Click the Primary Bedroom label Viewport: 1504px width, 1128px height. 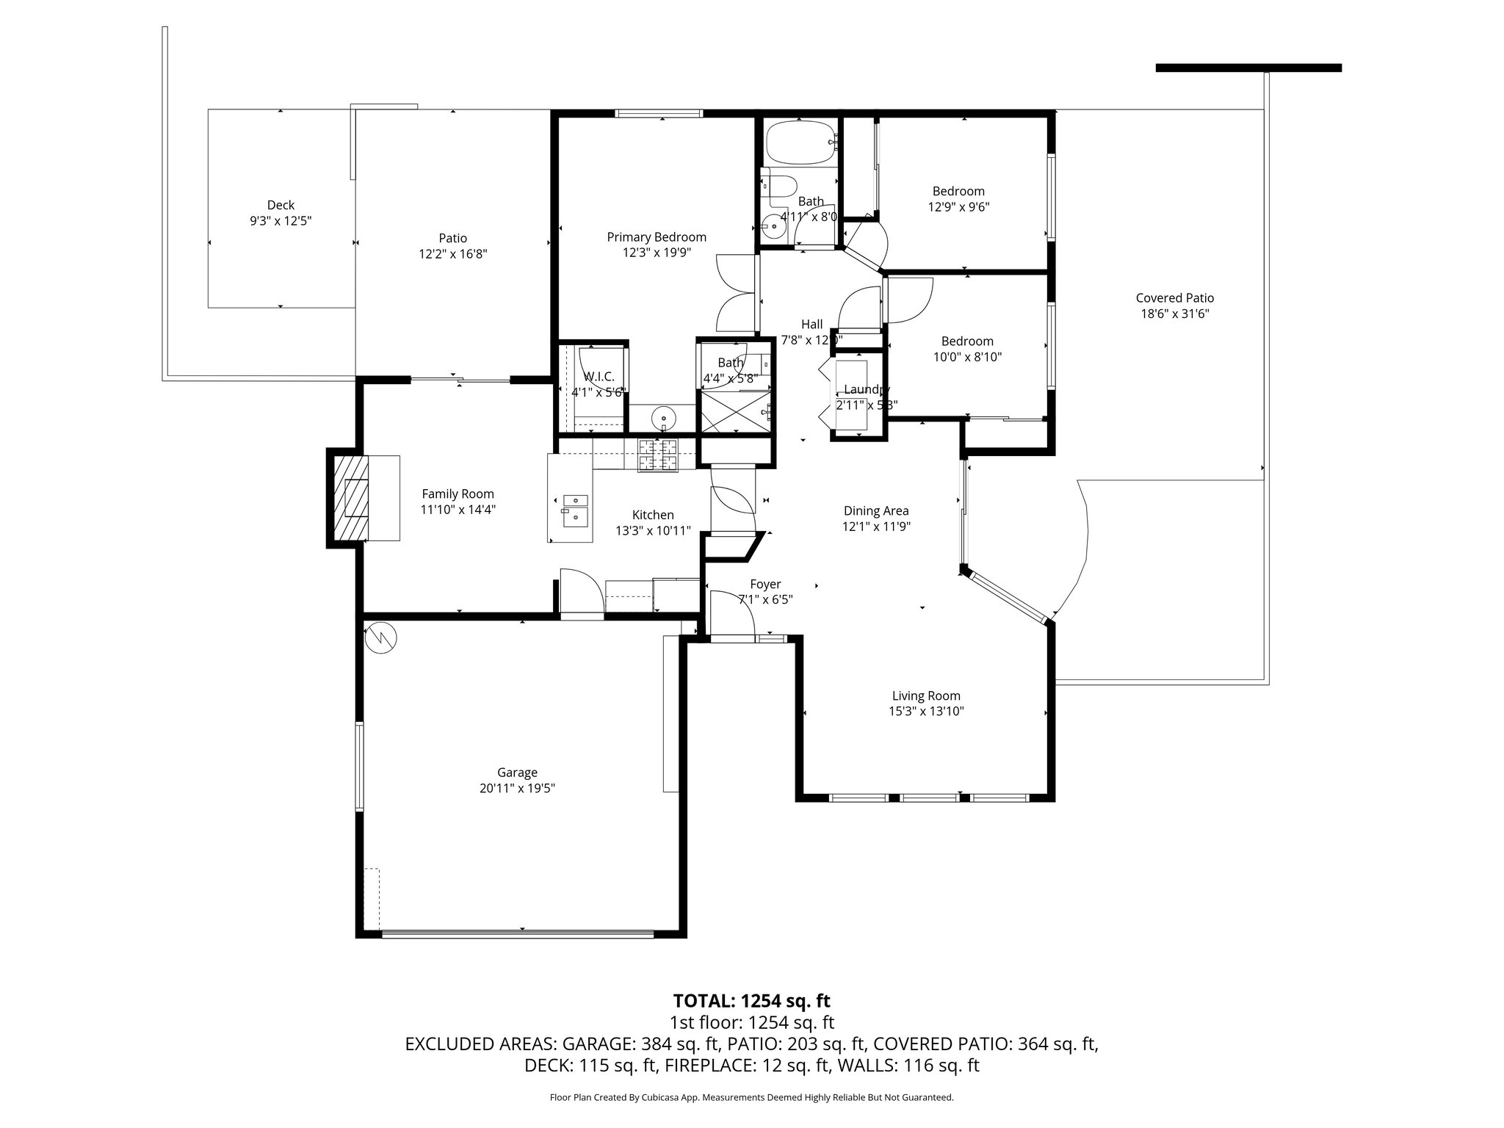pos(657,237)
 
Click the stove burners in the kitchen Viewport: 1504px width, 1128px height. pos(658,455)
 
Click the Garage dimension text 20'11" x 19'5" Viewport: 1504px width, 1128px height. pos(517,788)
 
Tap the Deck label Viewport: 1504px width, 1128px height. pos(281,205)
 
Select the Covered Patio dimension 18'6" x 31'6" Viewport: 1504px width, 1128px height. pos(1174,314)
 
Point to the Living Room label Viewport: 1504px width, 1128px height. pos(926,695)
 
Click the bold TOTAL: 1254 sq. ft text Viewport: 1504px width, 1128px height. pos(751,1000)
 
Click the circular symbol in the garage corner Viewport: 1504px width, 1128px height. pos(380,637)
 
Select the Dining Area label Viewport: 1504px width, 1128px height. pos(876,510)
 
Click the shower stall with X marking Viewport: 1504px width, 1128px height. pos(734,411)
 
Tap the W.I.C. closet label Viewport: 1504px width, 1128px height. pos(599,376)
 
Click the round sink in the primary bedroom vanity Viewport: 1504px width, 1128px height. pos(663,418)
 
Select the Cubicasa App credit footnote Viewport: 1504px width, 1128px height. pos(751,1097)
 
